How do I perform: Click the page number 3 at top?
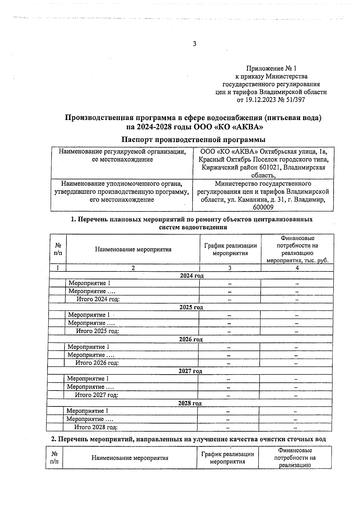pyautogui.click(x=194, y=44)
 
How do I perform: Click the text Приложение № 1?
pyautogui.click(x=271, y=68)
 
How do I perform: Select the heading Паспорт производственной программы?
pyautogui.click(x=193, y=139)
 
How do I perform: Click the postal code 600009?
pyautogui.click(x=263, y=207)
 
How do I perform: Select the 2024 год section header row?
pyautogui.click(x=192, y=276)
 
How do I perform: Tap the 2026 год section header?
pyautogui.click(x=190, y=339)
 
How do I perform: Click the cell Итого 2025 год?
pyautogui.click(x=97, y=331)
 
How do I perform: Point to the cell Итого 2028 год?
pyautogui.click(x=96, y=427)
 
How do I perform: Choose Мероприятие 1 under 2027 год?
pyautogui.click(x=88, y=379)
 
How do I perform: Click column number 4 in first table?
pyautogui.click(x=297, y=268)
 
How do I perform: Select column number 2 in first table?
pyautogui.click(x=133, y=268)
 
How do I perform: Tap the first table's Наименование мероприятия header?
pyautogui.click(x=133, y=249)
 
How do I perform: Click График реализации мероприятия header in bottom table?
pyautogui.click(x=228, y=458)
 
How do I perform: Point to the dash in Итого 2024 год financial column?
pyautogui.click(x=297, y=299)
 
